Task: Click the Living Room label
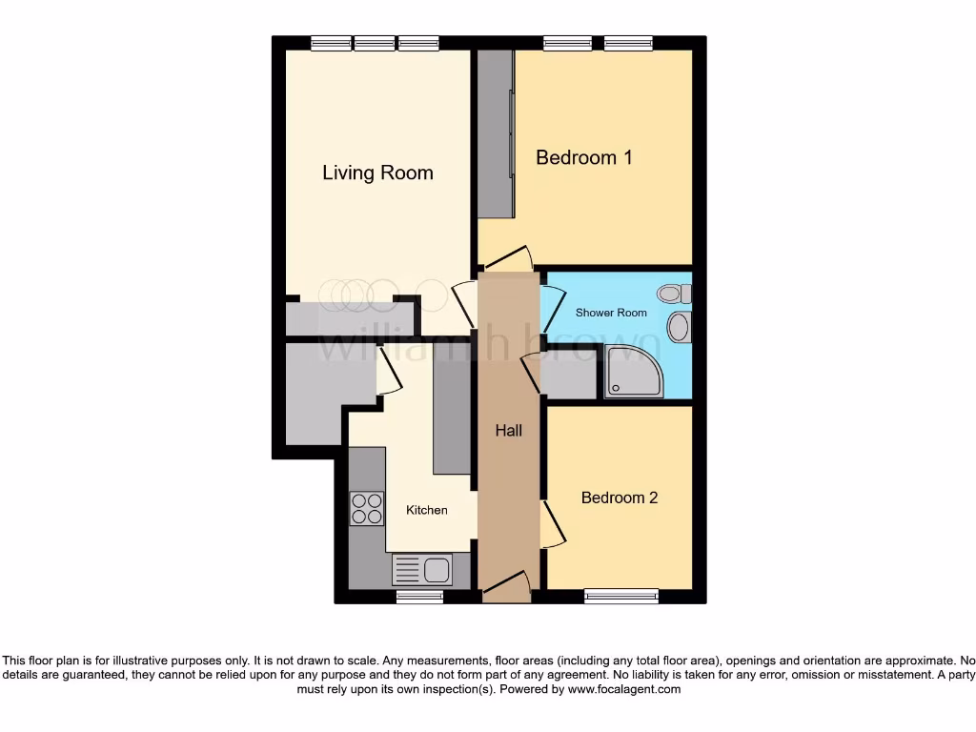tap(377, 173)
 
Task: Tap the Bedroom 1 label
tap(583, 157)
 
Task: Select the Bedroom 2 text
tap(620, 498)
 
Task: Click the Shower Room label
tap(611, 313)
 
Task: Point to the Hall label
tap(508, 431)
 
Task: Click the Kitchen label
tap(426, 510)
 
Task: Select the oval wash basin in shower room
tap(678, 327)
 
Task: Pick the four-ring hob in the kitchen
tap(366, 508)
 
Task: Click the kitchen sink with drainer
tap(421, 570)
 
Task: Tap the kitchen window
tap(419, 597)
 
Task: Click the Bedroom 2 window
tap(621, 597)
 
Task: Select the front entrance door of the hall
tap(506, 585)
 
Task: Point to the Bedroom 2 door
tap(552, 523)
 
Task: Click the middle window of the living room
tap(375, 43)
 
